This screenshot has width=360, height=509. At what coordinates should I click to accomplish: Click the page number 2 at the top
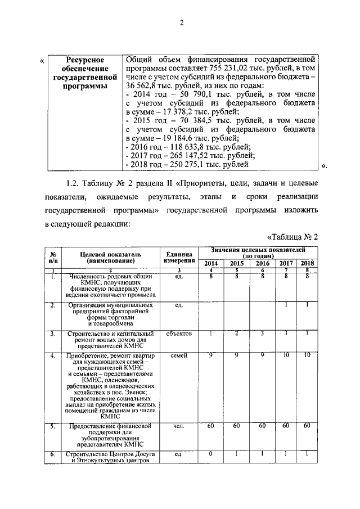tap(182, 22)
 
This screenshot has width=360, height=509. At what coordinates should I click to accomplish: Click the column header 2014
tap(211, 263)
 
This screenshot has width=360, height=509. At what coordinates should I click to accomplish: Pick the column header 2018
tap(307, 263)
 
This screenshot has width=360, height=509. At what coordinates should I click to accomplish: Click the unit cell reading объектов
tap(180, 334)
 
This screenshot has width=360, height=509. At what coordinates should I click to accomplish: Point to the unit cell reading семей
tap(180, 357)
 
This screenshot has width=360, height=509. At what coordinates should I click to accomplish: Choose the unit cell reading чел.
tap(180, 427)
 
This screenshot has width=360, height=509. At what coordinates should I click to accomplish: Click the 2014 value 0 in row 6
tap(211, 454)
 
